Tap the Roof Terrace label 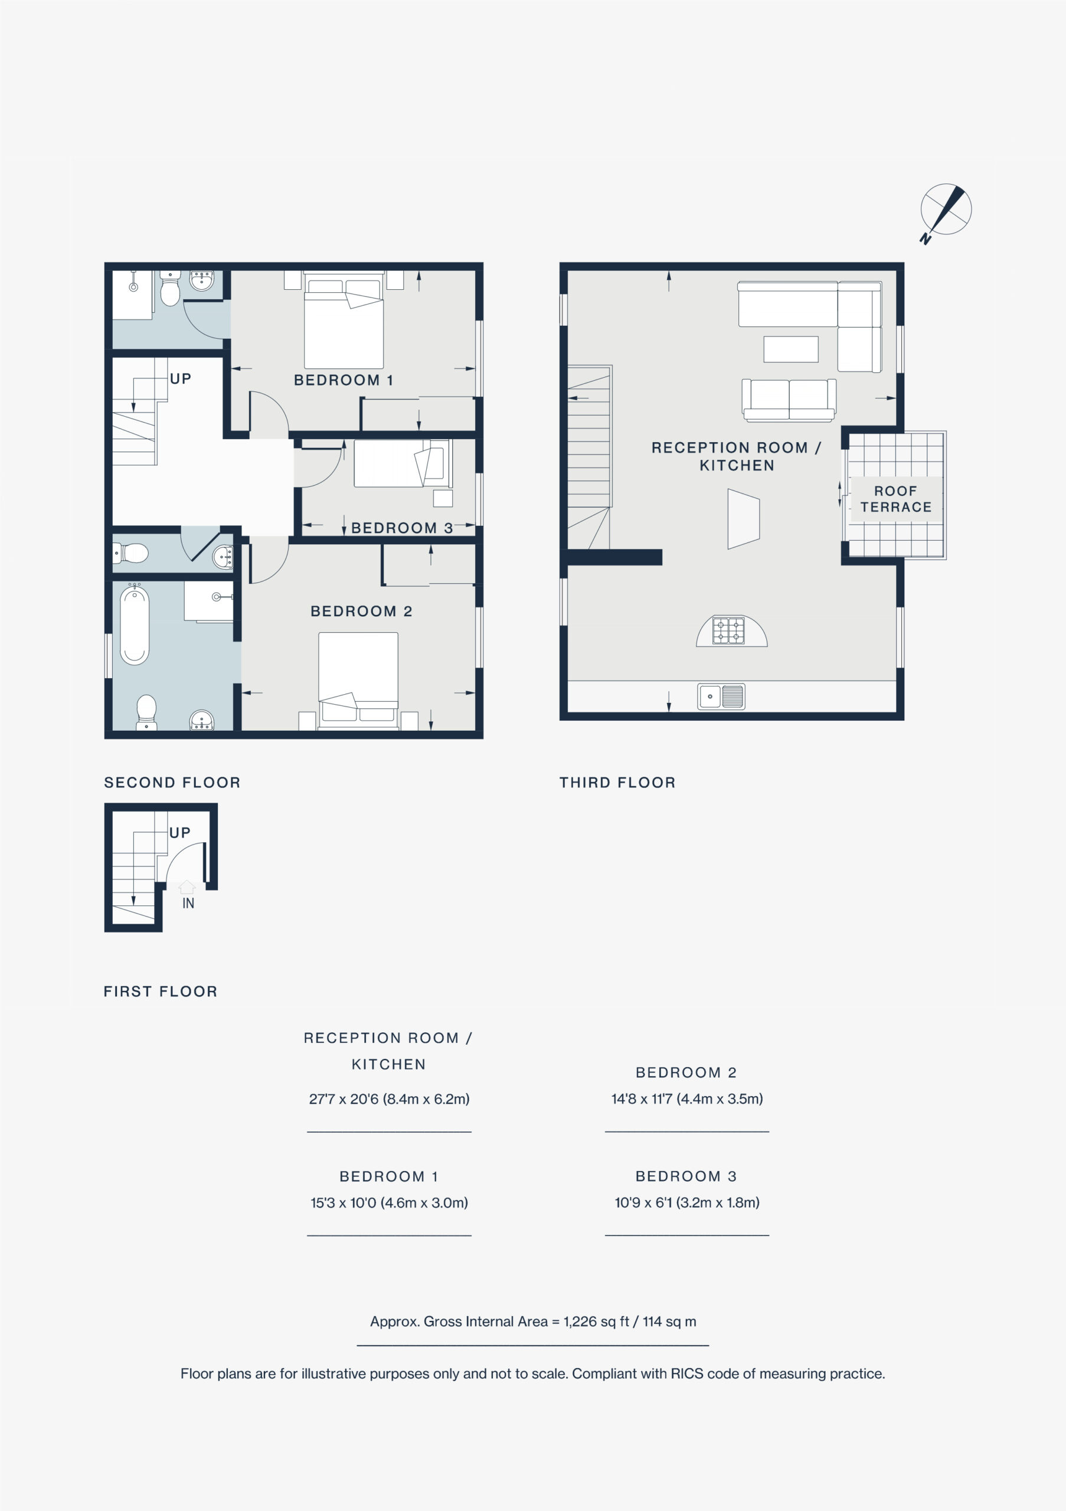895,499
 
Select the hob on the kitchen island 728,630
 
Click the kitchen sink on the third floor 721,696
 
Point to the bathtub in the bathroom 135,625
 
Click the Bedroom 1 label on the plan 343,380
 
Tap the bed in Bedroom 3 403,463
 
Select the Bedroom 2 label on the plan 361,611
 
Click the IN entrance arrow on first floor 188,887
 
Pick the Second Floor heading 172,783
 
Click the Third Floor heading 617,783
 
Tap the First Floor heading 161,991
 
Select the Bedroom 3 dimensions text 687,1202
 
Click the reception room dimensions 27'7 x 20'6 389,1098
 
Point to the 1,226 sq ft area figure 596,1321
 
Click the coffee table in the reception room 791,349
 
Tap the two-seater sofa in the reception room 789,400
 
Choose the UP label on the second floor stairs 180,378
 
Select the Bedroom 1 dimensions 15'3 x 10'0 389,1202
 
